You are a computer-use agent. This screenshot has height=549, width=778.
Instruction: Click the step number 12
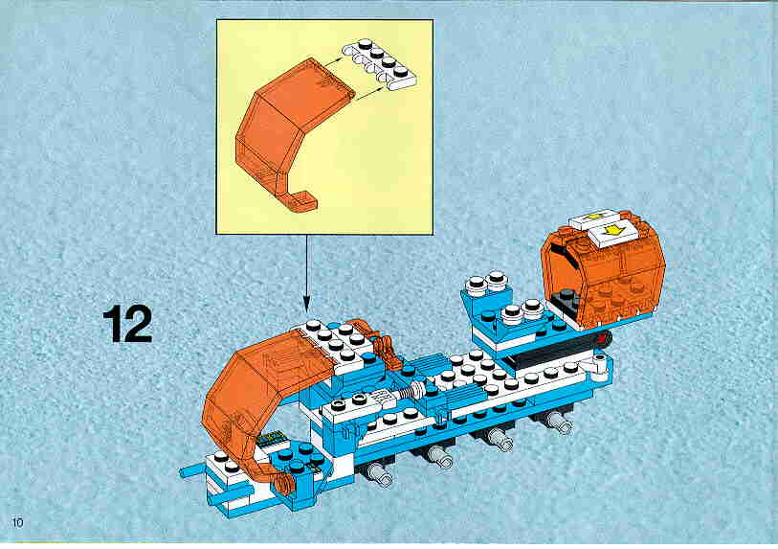pos(127,324)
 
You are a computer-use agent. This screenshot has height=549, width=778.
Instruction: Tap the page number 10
pos(17,522)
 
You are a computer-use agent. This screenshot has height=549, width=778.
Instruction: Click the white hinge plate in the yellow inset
pos(380,64)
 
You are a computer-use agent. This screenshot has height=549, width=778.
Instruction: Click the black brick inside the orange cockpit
pos(568,300)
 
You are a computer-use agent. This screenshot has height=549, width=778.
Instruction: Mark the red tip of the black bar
pos(605,340)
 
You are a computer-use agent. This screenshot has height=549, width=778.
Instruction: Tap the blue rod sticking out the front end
pos(193,470)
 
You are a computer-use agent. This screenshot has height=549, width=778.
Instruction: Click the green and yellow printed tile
pos(271,438)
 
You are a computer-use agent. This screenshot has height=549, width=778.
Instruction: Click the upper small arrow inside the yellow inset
pos(329,61)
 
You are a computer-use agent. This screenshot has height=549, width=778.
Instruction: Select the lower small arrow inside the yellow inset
pos(369,91)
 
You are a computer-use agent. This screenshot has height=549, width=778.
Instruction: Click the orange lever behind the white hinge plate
pos(384,345)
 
